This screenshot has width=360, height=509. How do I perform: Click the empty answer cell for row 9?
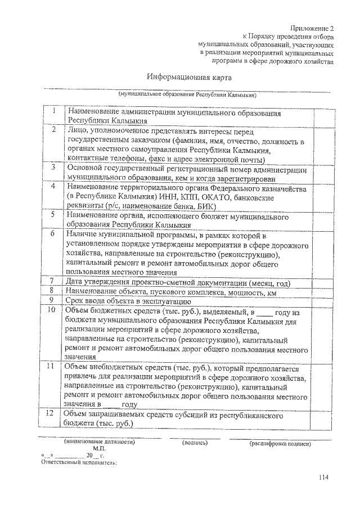tap(320, 300)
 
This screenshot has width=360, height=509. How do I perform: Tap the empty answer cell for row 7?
tap(320, 281)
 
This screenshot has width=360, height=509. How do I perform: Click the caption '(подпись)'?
tap(195, 443)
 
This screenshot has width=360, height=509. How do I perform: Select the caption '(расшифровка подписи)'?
tap(280, 444)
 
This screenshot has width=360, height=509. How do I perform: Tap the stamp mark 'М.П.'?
tap(100, 449)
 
